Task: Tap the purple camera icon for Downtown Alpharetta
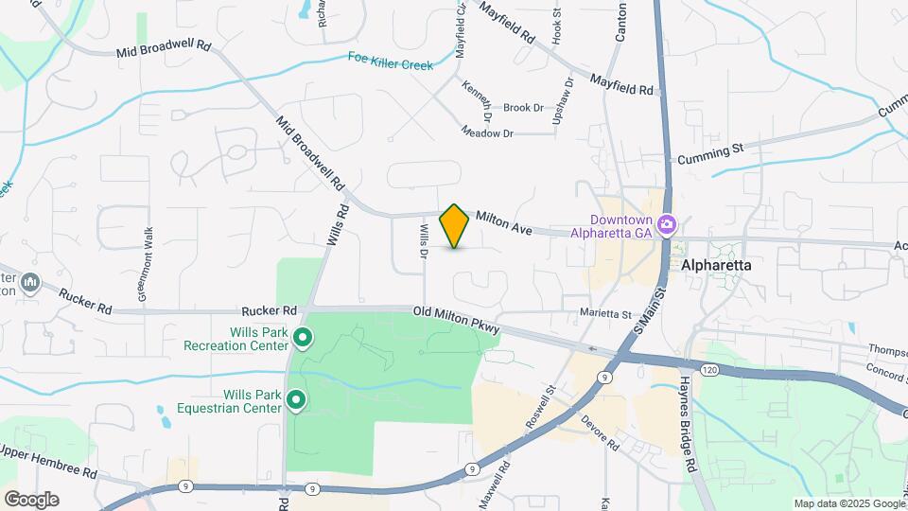[x=668, y=224]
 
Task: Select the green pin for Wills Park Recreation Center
[x=303, y=337]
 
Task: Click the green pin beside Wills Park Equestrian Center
[x=295, y=401]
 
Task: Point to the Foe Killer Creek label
[x=390, y=61]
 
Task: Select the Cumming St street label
[x=710, y=152]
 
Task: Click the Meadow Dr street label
[x=487, y=133]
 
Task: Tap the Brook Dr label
[x=523, y=108]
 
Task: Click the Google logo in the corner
[x=31, y=499]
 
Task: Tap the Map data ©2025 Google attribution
[x=848, y=503]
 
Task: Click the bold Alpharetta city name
[x=716, y=266]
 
